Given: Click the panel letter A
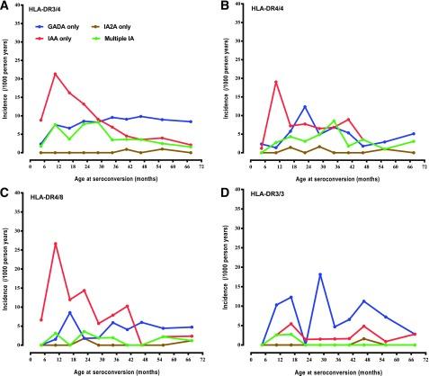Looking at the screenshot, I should [4, 5].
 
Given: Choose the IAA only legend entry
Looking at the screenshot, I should [77, 41].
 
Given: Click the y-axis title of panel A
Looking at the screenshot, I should [7, 99].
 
